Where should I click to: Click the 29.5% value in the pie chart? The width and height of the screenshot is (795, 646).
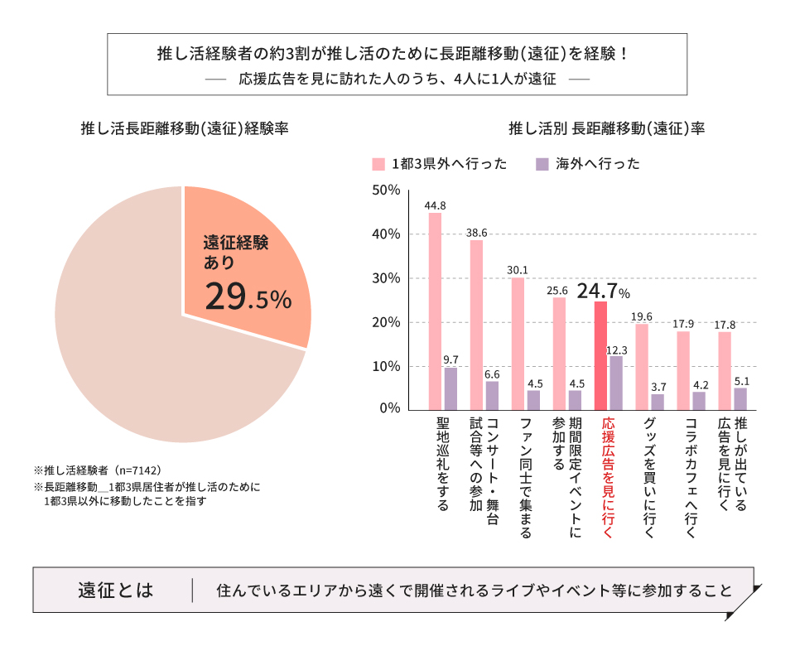point(248,296)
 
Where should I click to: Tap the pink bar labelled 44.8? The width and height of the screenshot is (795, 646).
point(435,311)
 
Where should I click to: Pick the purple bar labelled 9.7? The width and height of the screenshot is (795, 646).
point(450,388)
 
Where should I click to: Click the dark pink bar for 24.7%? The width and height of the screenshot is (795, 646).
point(600,355)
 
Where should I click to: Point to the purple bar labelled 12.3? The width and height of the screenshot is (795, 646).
point(616,382)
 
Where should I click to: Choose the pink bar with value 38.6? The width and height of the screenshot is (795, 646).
point(476,324)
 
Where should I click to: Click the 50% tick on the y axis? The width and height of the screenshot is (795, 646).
point(386,190)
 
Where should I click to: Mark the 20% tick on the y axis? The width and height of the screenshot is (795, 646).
point(386,321)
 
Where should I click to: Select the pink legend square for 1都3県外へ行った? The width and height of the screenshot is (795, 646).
point(378,164)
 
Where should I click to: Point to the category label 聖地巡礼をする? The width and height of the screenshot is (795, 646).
point(443,463)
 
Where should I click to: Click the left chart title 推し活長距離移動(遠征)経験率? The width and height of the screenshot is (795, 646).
point(184,129)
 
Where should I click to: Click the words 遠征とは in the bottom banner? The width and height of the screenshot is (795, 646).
point(115,591)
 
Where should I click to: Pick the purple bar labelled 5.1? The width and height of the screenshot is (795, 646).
point(740,398)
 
